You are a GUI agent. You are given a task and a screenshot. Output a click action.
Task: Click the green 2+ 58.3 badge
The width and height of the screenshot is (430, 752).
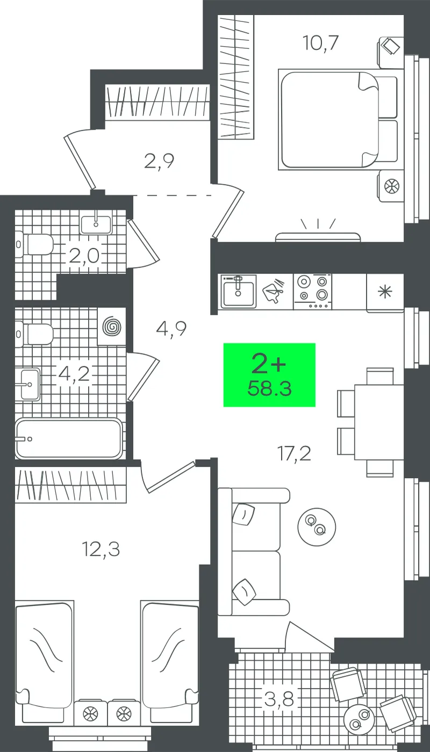(x=269, y=375)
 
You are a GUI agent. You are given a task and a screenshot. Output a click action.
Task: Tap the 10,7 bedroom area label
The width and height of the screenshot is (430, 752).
(x=320, y=44)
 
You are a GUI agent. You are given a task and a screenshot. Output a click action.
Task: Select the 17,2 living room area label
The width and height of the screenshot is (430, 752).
(x=295, y=454)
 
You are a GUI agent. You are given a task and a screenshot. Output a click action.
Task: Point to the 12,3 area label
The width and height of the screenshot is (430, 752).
(x=101, y=549)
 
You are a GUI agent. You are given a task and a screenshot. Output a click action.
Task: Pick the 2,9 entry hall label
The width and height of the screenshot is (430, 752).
(x=159, y=161)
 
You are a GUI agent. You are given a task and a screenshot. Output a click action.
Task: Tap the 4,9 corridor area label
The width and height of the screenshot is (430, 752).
(x=171, y=329)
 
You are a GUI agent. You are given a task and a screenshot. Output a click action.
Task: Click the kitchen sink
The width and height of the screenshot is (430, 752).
(x=238, y=291)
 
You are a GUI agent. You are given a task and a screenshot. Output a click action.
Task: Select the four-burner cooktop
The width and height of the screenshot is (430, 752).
(x=313, y=291)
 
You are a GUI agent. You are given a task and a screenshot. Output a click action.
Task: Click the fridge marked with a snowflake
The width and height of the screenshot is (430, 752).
(x=385, y=293)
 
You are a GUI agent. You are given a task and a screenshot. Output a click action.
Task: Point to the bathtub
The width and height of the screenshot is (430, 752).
(x=69, y=439)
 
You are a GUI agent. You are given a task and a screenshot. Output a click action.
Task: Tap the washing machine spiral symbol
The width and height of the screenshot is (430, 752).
(x=112, y=327)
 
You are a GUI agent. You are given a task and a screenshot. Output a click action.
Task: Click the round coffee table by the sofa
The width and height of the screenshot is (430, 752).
(x=317, y=526)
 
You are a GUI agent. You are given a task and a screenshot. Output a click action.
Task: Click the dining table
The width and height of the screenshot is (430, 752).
(x=379, y=422)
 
